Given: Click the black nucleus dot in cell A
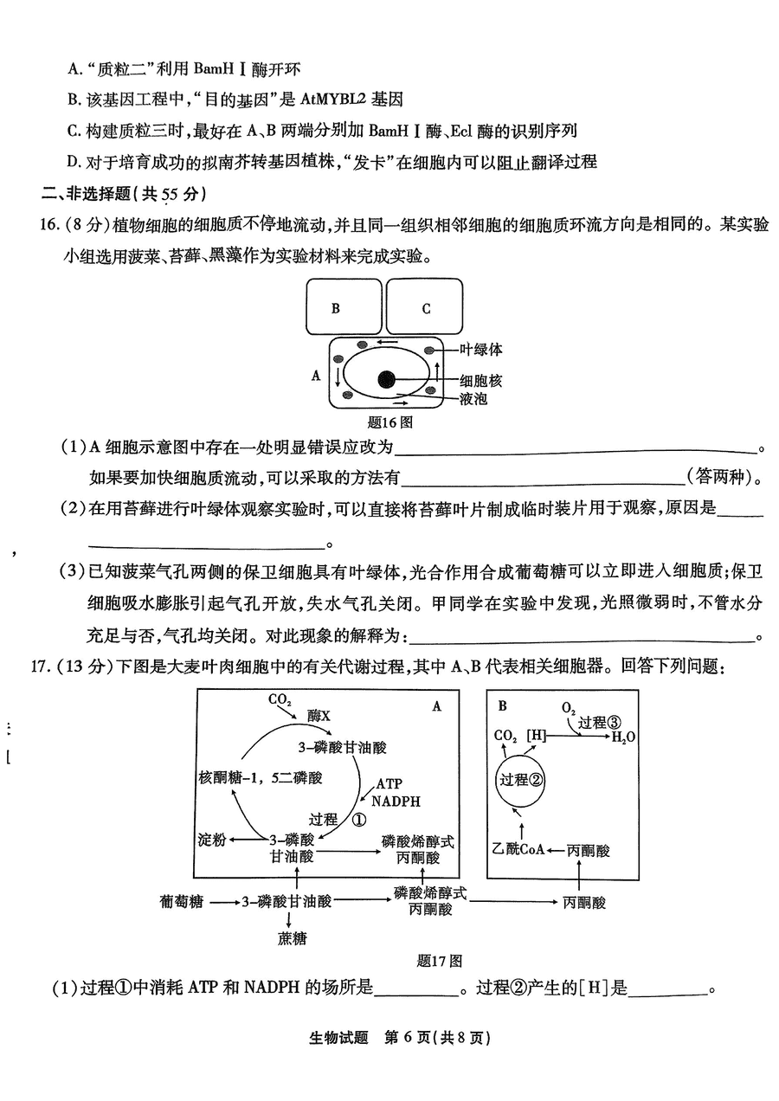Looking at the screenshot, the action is click(x=386, y=379).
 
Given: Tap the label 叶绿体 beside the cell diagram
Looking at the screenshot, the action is click(x=480, y=350).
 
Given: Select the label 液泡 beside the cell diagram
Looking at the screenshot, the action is click(x=473, y=399).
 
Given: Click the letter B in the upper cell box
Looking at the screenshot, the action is click(x=336, y=309).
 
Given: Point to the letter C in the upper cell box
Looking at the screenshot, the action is click(x=426, y=309).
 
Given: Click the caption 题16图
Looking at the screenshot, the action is click(x=389, y=422).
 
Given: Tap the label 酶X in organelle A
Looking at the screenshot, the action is click(x=319, y=716).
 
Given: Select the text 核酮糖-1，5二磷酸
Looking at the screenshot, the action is click(x=260, y=777).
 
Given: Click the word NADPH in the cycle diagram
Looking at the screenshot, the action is click(x=396, y=802).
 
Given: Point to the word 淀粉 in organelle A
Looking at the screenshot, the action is click(x=212, y=839).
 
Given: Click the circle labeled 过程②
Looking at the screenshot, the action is click(x=520, y=780).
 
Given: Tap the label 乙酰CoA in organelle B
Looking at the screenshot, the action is click(x=518, y=849).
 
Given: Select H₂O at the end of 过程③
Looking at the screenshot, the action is click(x=623, y=737).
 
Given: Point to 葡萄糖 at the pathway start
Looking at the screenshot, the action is click(x=182, y=901).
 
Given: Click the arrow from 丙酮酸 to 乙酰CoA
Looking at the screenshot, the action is click(x=556, y=850).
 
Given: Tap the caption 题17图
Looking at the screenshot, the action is click(x=439, y=961).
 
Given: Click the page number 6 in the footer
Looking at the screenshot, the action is click(x=407, y=1037).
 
